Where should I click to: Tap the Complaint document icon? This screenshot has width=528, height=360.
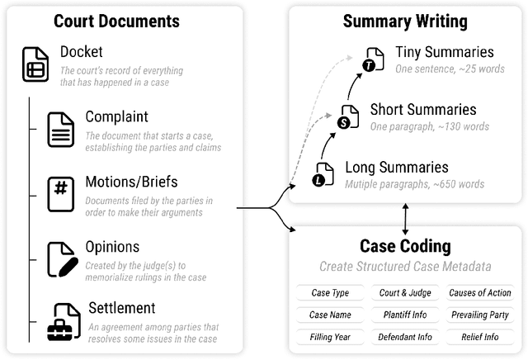[61, 130]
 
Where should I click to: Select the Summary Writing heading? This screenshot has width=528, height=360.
[405, 22]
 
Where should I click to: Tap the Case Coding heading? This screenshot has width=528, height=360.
[405, 245]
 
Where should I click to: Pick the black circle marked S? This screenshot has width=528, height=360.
[344, 123]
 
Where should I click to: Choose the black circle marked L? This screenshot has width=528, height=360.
[318, 180]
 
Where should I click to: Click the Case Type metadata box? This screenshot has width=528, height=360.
[329, 293]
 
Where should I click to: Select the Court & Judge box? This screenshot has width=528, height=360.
[404, 293]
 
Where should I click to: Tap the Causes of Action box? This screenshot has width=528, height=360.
[480, 293]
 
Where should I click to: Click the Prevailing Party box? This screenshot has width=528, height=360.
[480, 315]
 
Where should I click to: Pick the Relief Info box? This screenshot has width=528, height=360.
[480, 337]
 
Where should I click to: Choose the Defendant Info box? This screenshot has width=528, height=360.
[404, 337]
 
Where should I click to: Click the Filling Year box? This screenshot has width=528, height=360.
[329, 337]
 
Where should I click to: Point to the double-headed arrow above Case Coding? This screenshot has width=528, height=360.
[405, 218]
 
